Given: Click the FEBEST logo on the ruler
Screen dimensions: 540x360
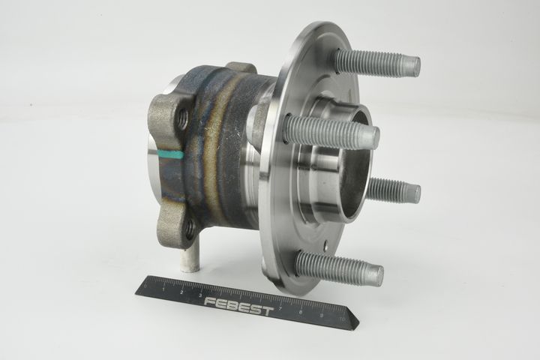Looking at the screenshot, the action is click(238, 305).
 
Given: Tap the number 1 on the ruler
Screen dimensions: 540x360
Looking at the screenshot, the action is click(163, 289).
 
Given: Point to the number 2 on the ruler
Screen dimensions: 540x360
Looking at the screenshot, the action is click(181, 292).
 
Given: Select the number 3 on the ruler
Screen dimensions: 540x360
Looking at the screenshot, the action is click(200, 295).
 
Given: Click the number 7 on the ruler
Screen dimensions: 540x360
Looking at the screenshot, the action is click(281, 308).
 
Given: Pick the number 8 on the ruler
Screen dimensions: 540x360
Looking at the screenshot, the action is click(301, 312).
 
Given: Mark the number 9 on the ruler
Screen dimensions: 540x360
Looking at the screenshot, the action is click(321, 315).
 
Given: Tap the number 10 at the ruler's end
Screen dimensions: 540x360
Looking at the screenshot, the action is click(342, 319).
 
